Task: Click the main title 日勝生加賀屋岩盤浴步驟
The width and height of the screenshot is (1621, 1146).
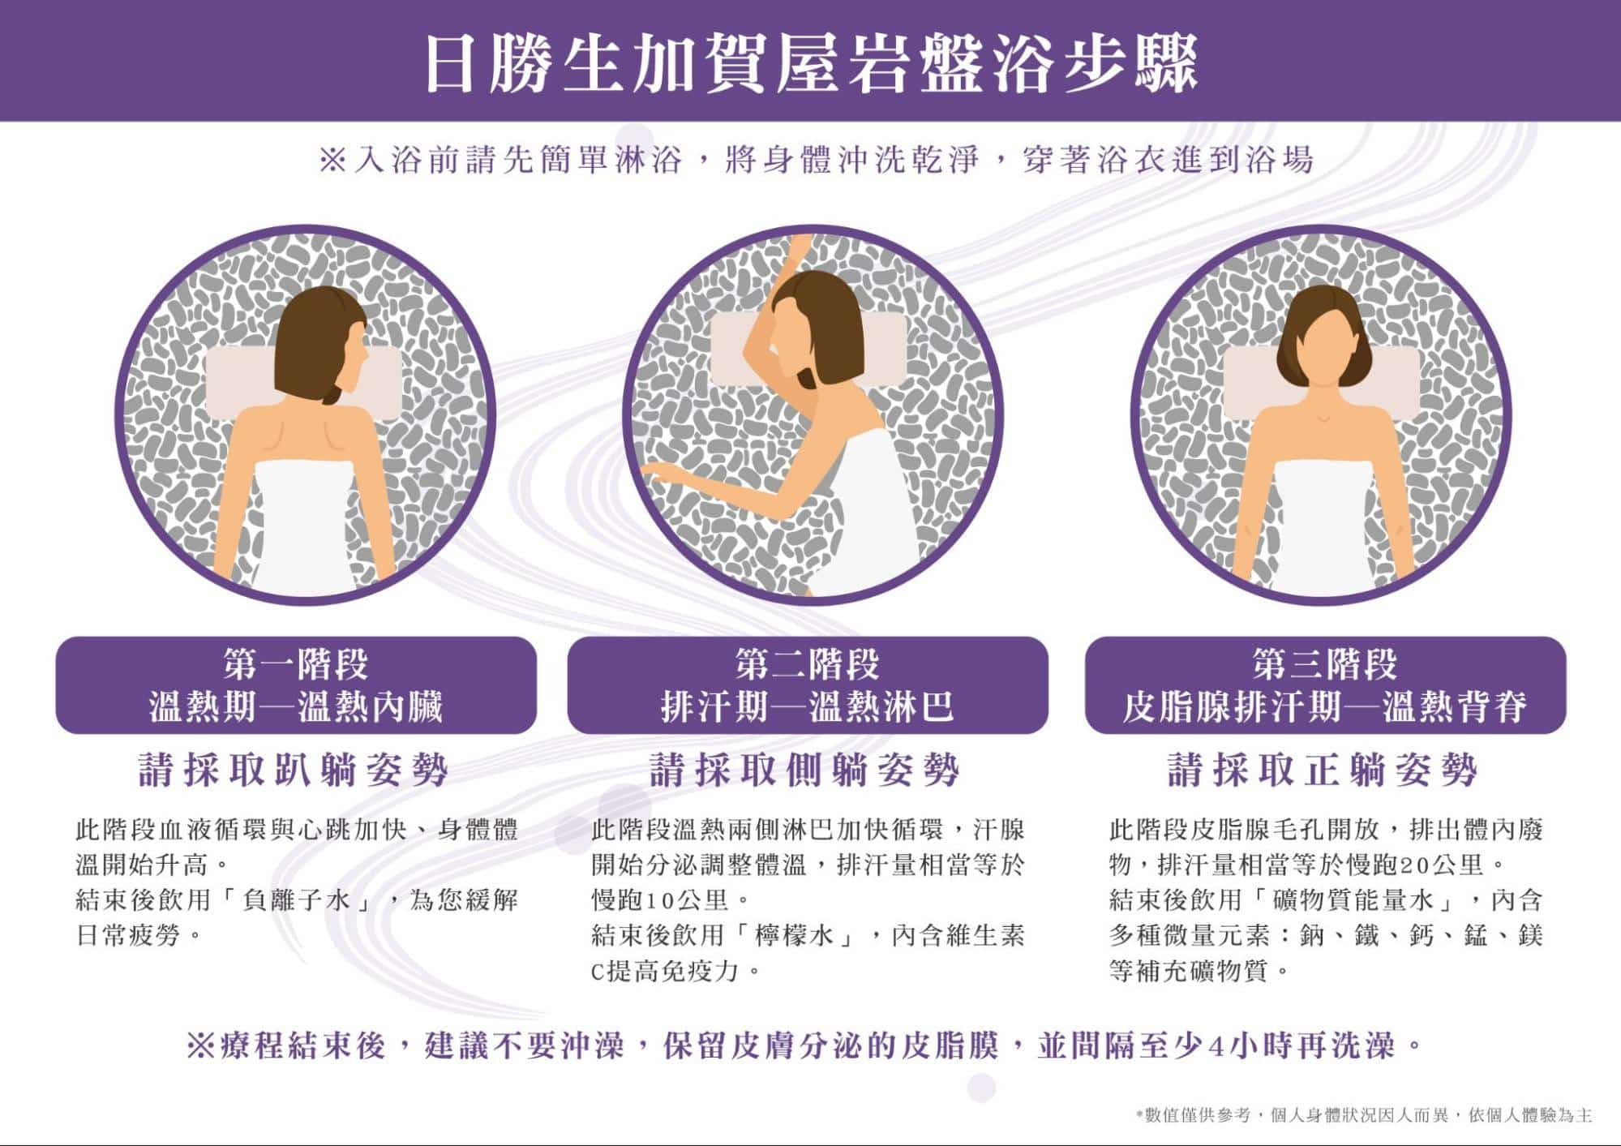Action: [x=811, y=62]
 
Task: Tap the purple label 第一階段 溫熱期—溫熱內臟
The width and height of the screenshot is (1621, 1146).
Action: [x=296, y=685]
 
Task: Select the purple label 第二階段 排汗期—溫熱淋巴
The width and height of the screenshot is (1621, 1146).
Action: [x=808, y=685]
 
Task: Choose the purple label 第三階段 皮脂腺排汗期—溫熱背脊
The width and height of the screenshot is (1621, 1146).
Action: [x=1325, y=685]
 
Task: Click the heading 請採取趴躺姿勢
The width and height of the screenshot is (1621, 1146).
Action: [x=294, y=770]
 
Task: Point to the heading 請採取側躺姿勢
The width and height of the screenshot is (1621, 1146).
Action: [x=805, y=770]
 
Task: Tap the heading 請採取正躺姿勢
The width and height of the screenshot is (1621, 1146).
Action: [x=1323, y=770]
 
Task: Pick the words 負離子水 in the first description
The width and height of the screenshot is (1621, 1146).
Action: [x=296, y=900]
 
